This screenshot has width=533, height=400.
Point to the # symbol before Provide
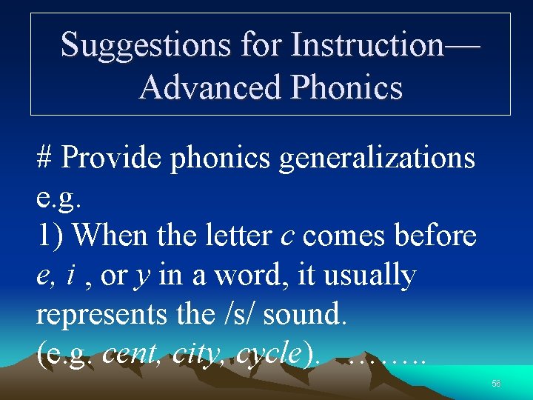(x=44, y=158)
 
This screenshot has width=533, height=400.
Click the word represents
(x=98, y=315)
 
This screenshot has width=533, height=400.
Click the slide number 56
(x=496, y=383)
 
